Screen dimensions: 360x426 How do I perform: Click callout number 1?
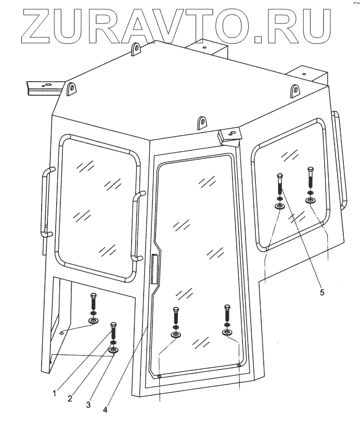(x=55, y=394)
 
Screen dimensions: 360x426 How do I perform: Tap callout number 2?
(x=69, y=399)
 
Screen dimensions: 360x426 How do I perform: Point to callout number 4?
(x=106, y=409)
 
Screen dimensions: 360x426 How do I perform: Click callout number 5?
(x=322, y=292)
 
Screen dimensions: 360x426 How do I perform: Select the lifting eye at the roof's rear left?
(x=137, y=50)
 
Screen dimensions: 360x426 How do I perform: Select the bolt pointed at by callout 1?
(x=113, y=333)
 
